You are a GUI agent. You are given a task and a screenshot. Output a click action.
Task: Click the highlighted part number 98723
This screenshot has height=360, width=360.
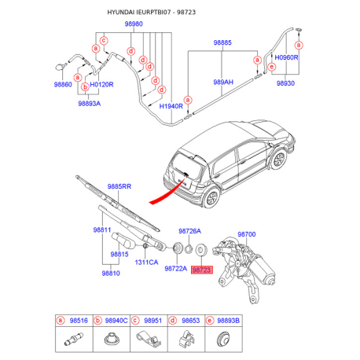click(x=202, y=270)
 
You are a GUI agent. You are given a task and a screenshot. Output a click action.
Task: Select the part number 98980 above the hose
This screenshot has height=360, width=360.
click(x=134, y=24)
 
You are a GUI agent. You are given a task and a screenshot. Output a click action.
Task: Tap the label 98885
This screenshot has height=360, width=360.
click(x=222, y=42)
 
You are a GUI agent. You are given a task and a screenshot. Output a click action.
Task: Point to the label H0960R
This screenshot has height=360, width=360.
click(x=286, y=57)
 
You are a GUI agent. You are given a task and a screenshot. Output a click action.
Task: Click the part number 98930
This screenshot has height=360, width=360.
click(x=285, y=83)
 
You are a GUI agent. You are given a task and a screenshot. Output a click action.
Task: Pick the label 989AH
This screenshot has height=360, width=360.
click(x=223, y=83)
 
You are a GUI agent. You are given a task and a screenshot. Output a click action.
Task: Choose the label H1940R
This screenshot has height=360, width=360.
click(x=171, y=106)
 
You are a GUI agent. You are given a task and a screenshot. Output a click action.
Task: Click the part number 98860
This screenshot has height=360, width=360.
click(x=63, y=84)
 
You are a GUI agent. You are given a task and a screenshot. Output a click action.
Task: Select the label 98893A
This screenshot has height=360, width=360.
click(x=90, y=104)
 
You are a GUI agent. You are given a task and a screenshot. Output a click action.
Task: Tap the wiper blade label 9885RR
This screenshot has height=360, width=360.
click(x=119, y=186)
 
